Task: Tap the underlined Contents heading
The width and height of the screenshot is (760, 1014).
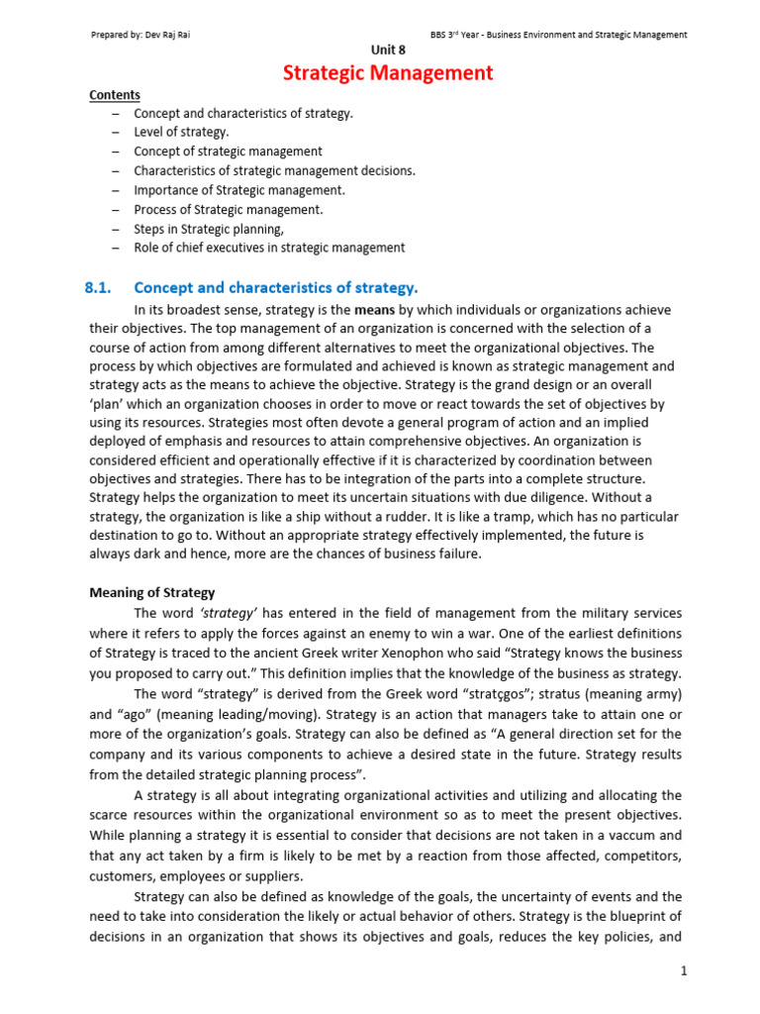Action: click(x=115, y=95)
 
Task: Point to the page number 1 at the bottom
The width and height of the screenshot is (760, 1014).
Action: click(x=683, y=971)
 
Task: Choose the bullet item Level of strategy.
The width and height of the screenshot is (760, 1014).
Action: click(x=181, y=133)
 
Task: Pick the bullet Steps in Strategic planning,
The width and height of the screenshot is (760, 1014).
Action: click(x=208, y=228)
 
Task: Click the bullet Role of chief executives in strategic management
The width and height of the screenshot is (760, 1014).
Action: click(x=269, y=248)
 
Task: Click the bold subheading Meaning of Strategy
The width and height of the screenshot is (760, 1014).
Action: click(x=151, y=593)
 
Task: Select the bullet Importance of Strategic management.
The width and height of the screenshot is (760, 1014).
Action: click(x=239, y=190)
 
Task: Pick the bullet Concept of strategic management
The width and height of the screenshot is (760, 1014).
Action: click(x=228, y=152)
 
